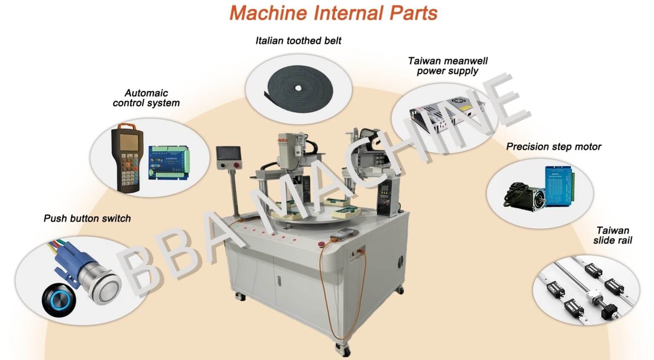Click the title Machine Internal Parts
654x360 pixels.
click(333, 13)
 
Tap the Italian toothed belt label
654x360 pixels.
click(298, 40)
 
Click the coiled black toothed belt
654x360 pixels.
click(298, 89)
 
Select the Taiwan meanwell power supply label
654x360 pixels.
click(447, 66)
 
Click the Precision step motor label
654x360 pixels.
click(554, 147)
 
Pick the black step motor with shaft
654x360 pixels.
click(525, 196)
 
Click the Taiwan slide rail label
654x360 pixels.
click(613, 235)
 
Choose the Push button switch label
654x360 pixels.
click(87, 218)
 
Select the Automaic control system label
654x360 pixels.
click(146, 98)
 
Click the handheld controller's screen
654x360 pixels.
click(129, 143)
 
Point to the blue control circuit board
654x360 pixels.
click(169, 162)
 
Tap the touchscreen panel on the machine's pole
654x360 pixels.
click(228, 153)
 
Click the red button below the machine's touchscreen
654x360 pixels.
click(236, 165)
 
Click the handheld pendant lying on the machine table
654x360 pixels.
click(344, 233)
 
